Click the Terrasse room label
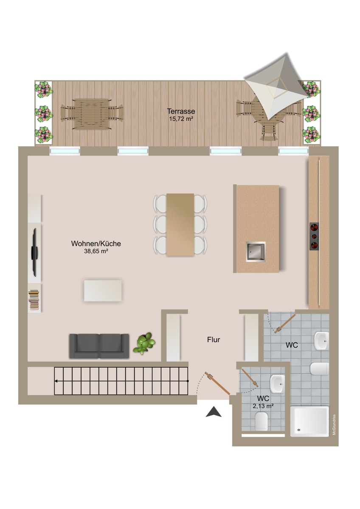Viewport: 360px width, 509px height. point(181,112)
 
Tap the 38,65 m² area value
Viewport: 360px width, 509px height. point(96,251)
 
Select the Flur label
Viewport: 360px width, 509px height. point(214,339)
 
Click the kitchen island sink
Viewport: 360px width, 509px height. point(256,252)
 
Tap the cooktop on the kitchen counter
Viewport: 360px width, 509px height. point(314,236)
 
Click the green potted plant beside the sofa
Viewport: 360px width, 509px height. point(144,343)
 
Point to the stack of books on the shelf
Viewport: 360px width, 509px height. point(34,300)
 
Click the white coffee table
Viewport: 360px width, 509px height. point(103,291)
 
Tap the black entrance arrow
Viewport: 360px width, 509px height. point(214,412)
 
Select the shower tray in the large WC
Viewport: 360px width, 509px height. point(309,421)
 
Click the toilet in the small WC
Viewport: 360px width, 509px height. point(262,422)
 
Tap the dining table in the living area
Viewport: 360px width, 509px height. point(180,224)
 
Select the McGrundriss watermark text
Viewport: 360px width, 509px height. point(335,425)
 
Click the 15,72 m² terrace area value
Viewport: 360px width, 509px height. point(181,119)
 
